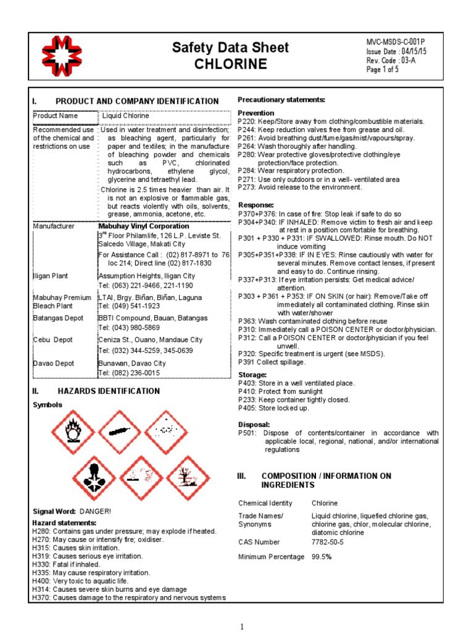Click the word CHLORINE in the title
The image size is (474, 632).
(x=231, y=64)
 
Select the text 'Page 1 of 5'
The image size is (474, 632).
(x=382, y=70)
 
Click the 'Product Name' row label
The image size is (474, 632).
(x=56, y=116)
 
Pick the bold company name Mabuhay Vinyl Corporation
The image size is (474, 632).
(x=144, y=227)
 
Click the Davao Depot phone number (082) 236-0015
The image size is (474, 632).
(x=129, y=373)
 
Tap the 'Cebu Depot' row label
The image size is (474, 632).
(x=52, y=340)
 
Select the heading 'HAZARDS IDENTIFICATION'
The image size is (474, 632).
(x=109, y=391)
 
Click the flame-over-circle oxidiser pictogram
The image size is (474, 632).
(x=73, y=431)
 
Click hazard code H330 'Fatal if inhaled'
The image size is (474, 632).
(x=75, y=565)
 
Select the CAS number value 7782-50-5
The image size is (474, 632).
(x=328, y=542)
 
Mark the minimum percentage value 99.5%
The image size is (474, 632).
(x=322, y=557)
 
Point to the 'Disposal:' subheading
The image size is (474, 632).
(x=254, y=425)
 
